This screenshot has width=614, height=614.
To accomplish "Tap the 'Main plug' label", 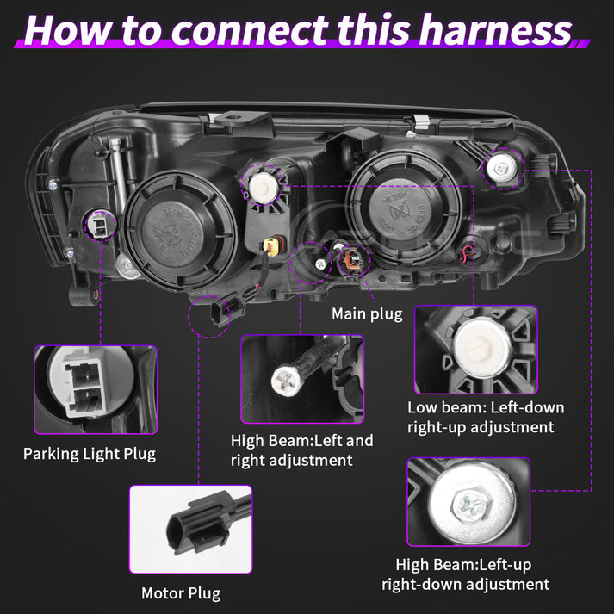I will [367, 313].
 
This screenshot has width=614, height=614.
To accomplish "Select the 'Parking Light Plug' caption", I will [90, 453].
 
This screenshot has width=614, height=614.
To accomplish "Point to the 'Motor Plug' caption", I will [181, 593].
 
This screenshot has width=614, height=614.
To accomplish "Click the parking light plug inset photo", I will [96, 389].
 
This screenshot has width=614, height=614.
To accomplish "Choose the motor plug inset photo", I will [191, 529].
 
